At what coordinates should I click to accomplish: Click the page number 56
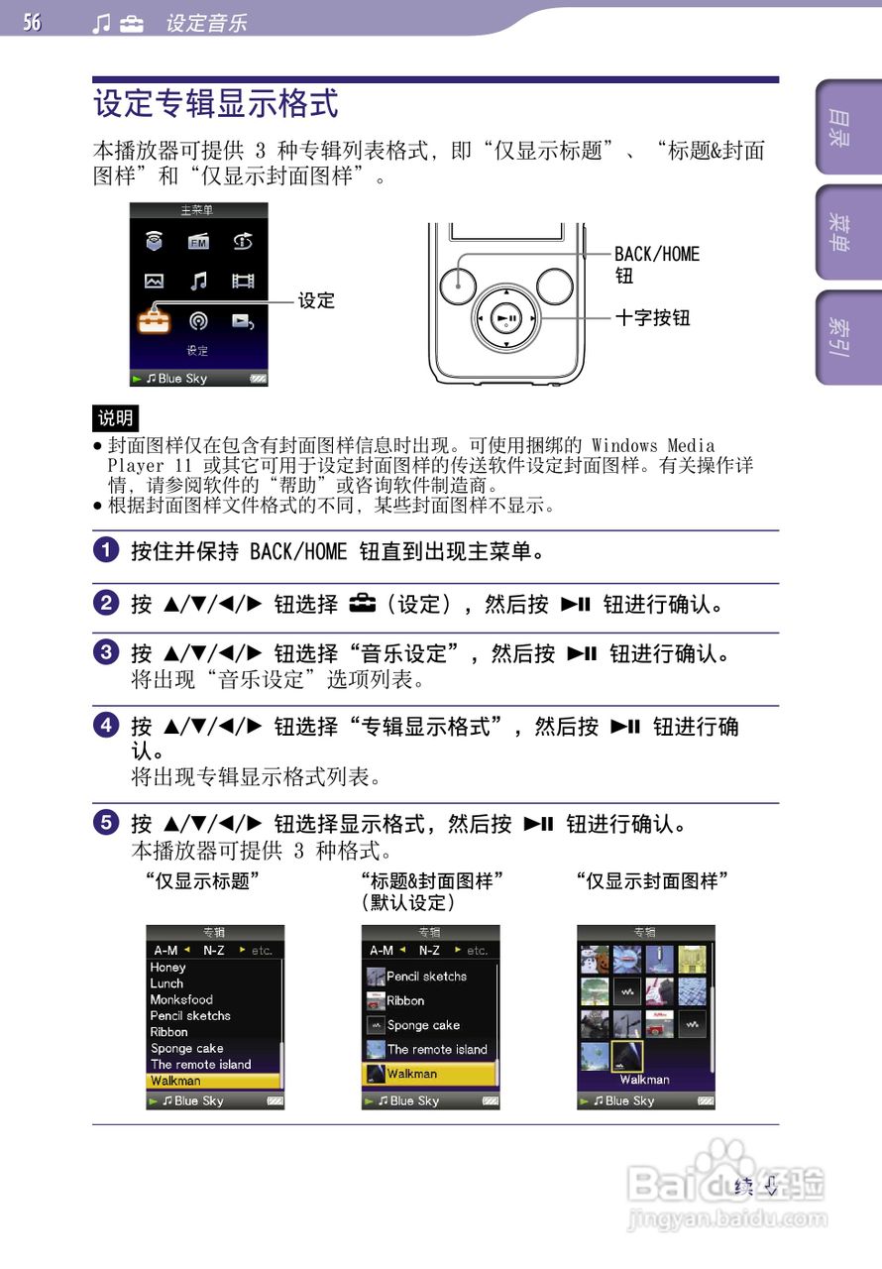click(33, 22)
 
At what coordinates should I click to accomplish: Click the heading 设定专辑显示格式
click(215, 104)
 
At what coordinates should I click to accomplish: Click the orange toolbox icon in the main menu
click(154, 320)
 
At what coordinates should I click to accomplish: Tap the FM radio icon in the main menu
click(198, 241)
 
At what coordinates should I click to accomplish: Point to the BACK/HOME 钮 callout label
click(656, 265)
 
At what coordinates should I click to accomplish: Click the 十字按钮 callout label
click(652, 318)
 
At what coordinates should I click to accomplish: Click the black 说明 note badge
click(116, 418)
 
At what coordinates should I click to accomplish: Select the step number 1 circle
click(105, 550)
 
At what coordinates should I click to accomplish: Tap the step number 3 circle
click(105, 653)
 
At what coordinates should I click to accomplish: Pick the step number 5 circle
click(105, 823)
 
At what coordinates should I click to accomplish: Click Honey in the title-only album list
click(167, 968)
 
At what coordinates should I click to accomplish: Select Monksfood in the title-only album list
click(181, 999)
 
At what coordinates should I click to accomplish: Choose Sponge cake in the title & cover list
click(423, 1025)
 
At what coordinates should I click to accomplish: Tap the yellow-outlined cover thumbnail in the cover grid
click(626, 1056)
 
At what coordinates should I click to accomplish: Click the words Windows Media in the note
click(652, 446)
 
